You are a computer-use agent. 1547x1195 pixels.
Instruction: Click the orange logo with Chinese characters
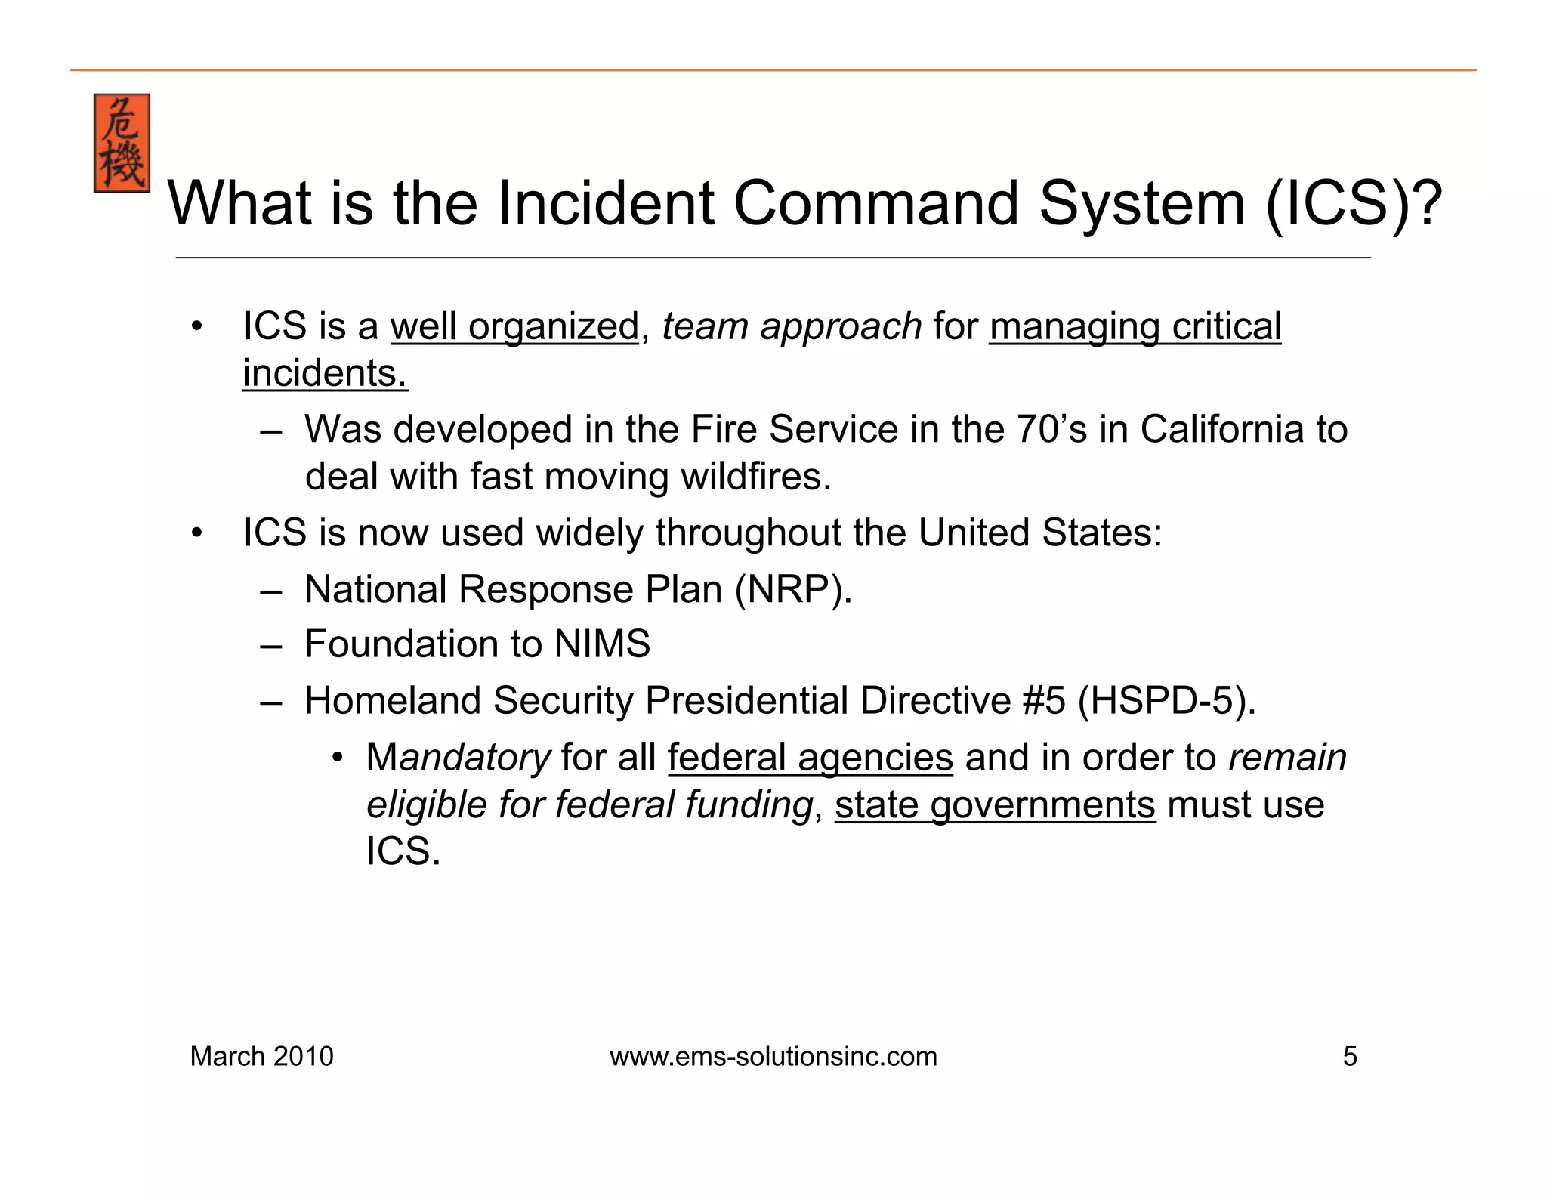122,143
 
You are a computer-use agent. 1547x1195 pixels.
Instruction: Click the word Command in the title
876,203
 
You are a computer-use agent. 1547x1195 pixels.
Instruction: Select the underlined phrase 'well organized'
514,327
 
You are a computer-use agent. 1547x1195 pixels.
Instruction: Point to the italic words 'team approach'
791,327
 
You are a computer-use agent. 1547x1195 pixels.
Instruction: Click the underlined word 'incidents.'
325,374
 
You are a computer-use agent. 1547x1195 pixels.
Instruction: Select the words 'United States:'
1040,533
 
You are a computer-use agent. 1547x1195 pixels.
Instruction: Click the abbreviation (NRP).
793,589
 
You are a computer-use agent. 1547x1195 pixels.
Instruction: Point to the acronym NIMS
602,644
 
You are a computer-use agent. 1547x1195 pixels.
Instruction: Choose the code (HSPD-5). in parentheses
1166,700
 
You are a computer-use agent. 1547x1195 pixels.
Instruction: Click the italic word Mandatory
459,758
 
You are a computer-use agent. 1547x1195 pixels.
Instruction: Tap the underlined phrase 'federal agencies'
810,758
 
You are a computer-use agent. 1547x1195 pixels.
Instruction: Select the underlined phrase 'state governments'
995,805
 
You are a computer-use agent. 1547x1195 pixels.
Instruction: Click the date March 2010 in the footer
261,1056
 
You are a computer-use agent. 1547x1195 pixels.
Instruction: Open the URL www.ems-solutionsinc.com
773,1056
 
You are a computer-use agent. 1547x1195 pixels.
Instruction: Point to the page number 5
1350,1056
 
